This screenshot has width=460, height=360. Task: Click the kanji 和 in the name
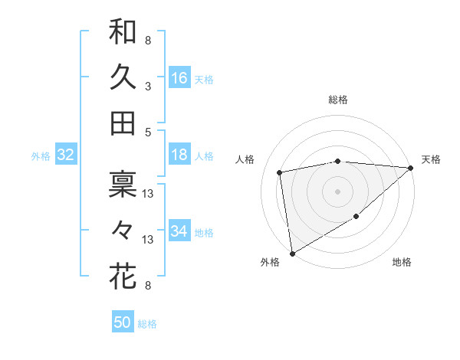click(x=123, y=32)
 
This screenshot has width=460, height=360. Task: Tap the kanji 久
click(x=123, y=77)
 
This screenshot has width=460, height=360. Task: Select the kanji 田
click(x=123, y=123)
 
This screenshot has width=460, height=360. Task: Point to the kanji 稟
click(x=123, y=185)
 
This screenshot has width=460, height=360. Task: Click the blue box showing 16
click(x=179, y=78)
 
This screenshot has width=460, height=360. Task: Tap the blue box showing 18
click(x=179, y=155)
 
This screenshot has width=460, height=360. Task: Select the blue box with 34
click(x=179, y=232)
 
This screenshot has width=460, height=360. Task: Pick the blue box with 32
click(x=65, y=155)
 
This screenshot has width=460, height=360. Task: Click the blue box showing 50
click(x=123, y=322)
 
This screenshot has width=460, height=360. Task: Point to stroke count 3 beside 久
click(x=148, y=86)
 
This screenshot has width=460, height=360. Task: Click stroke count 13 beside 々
click(x=148, y=240)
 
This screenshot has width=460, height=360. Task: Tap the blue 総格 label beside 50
click(x=147, y=324)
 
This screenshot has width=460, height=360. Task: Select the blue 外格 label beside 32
click(x=41, y=156)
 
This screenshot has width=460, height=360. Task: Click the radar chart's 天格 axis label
click(x=431, y=159)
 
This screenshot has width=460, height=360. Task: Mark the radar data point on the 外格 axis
click(x=292, y=253)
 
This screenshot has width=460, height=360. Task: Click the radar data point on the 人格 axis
click(x=280, y=172)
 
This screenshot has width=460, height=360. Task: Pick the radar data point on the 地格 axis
click(x=356, y=217)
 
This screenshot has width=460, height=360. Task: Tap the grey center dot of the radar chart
click(x=337, y=191)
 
